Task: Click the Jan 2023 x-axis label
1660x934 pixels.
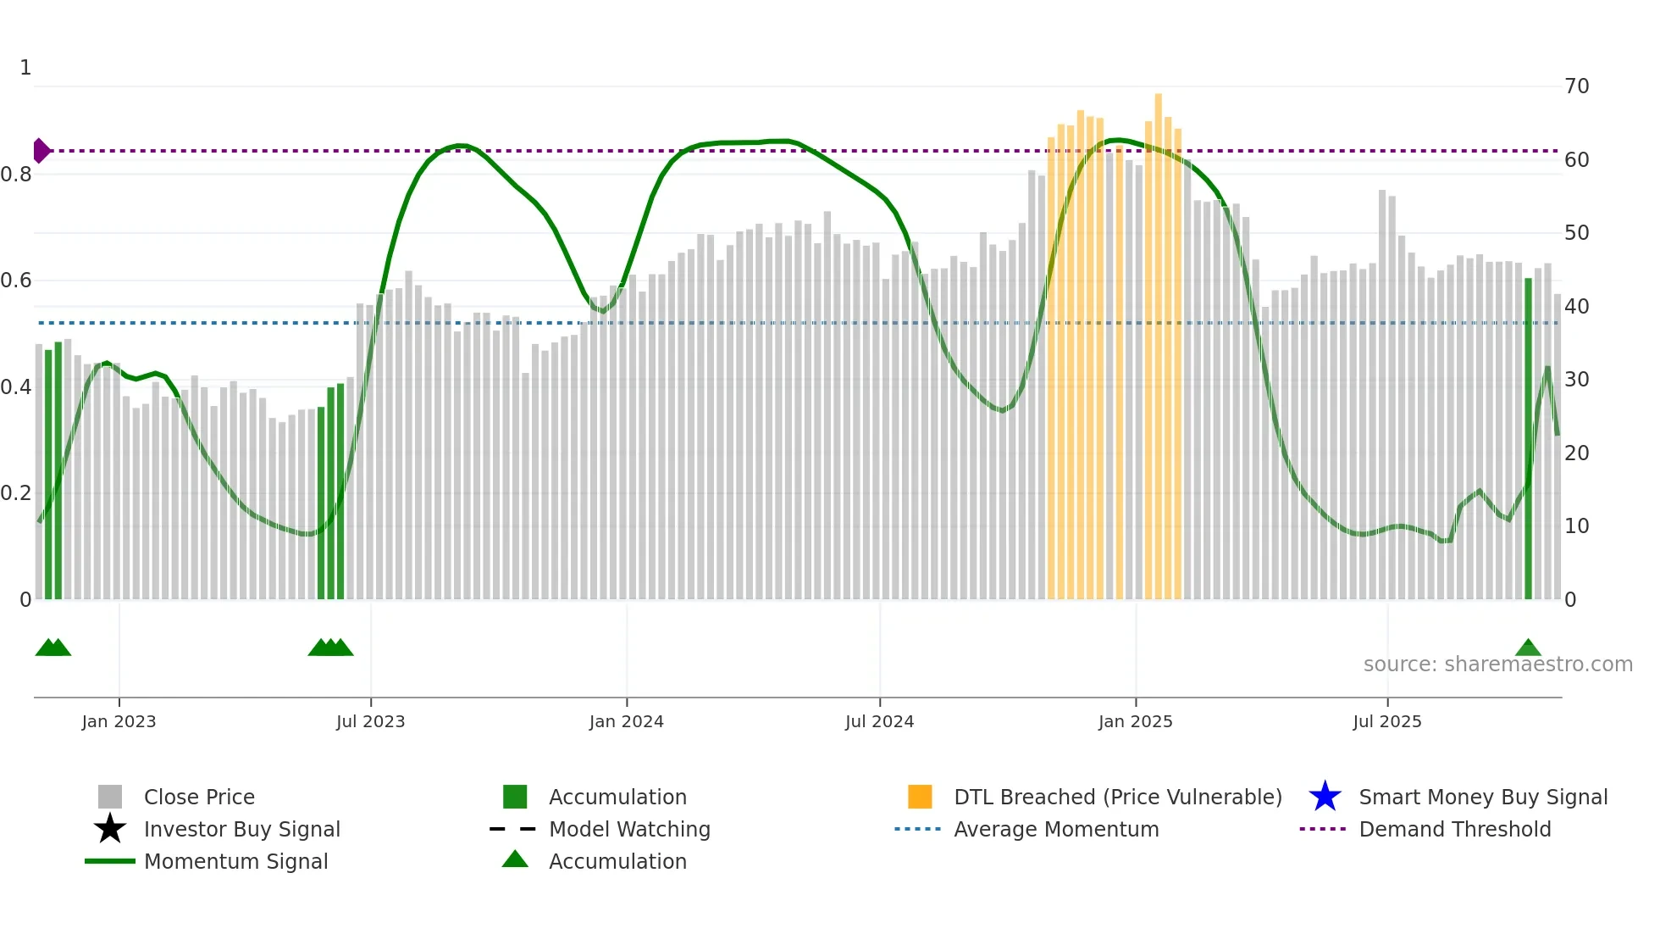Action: click(119, 721)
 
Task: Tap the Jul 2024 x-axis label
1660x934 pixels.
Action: click(879, 721)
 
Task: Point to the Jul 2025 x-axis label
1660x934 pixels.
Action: click(1386, 721)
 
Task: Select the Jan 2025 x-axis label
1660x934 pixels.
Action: click(1135, 721)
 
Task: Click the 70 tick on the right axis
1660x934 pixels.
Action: click(1576, 86)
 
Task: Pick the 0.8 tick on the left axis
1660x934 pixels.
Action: click(16, 175)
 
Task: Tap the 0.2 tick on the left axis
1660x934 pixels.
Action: click(16, 493)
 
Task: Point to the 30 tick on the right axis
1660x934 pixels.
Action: click(1576, 380)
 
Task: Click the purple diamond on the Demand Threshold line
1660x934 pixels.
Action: click(41, 151)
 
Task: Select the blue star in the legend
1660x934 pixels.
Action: click(1325, 797)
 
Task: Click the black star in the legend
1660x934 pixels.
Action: click(110, 829)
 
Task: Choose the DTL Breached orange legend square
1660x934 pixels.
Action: click(920, 797)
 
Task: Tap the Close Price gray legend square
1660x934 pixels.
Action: click(110, 797)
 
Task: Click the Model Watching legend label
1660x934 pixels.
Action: click(629, 829)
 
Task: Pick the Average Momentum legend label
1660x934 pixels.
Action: click(1056, 829)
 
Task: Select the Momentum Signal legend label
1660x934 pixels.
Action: click(235, 861)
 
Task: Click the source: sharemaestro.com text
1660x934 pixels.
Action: click(1497, 664)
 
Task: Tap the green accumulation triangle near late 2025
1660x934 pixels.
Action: click(1528, 648)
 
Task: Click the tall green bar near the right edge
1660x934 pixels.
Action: click(1528, 441)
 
